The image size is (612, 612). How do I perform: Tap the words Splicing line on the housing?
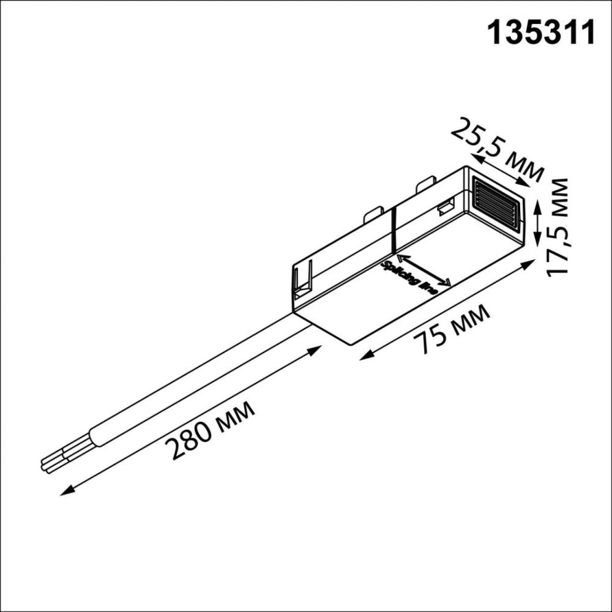tap(409, 278)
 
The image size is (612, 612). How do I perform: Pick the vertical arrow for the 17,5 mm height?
tap(537, 224)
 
